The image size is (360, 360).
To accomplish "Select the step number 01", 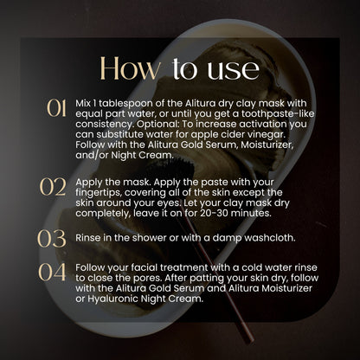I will pos(56,108).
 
